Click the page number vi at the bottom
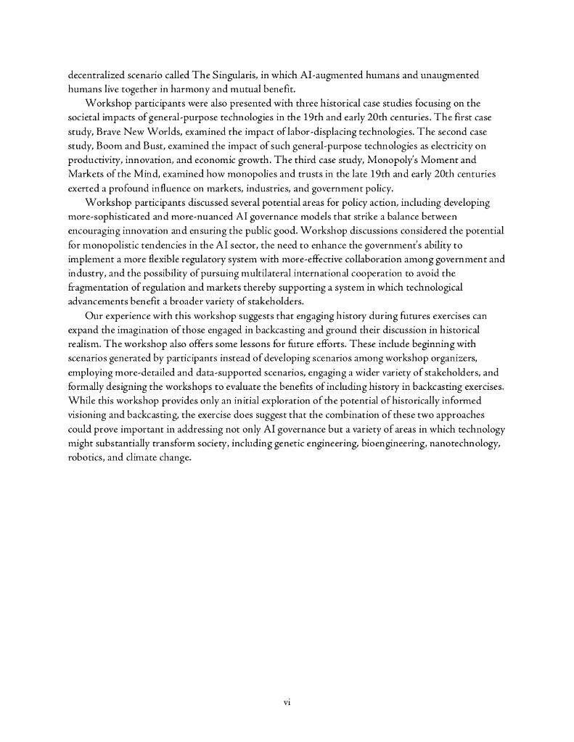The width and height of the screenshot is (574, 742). pyautogui.click(x=287, y=701)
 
